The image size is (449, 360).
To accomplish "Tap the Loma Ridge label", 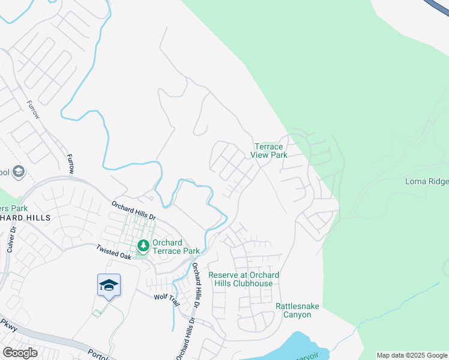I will click(427, 181).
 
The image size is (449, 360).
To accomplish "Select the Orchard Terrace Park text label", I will click(175, 247).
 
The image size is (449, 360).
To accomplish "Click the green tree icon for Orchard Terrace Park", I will click(143, 245).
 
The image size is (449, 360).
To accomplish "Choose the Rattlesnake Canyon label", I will click(297, 310).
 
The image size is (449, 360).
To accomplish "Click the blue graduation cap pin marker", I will click(109, 285).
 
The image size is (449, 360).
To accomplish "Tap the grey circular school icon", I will click(19, 172).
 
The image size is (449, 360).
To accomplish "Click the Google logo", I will click(20, 353).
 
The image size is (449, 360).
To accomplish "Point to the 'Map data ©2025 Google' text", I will click(412, 355).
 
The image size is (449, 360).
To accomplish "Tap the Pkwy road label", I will click(8, 325).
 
